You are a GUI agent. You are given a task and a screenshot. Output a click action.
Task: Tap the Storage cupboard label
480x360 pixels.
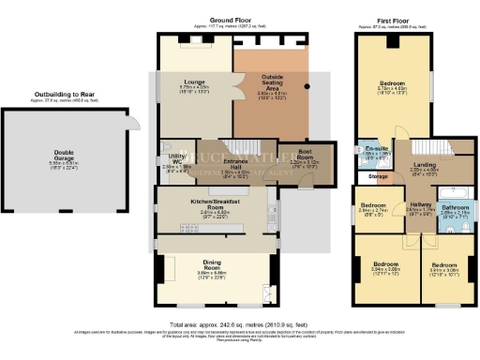pyautogui.click(x=378, y=175)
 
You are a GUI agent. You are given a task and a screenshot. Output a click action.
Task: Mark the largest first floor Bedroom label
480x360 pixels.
pyautogui.click(x=404, y=82)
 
